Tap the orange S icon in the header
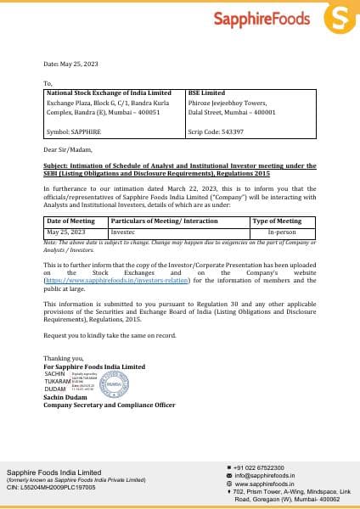pyautogui.click(x=340, y=17)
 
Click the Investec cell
pyautogui.click(x=123, y=231)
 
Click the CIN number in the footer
pyautogui.click(x=51, y=488)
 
